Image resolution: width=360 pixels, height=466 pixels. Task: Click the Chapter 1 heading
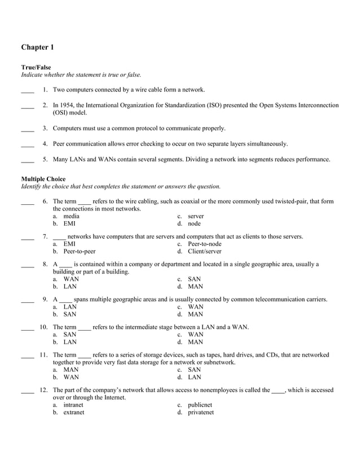[x=38, y=47]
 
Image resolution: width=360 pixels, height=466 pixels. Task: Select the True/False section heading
[x=36, y=67]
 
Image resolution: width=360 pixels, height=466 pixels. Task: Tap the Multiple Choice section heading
[x=43, y=179]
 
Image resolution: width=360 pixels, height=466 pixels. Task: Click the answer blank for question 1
[x=27, y=90]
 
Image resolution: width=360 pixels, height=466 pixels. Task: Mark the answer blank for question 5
[x=27, y=160]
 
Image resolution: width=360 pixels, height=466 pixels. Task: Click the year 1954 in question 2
[x=68, y=105]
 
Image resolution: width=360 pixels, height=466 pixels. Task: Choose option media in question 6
[x=71, y=216]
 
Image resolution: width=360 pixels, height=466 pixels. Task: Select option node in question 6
[x=194, y=223]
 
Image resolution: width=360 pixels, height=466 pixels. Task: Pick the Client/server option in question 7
[x=204, y=251]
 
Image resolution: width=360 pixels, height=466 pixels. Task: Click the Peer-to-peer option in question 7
[x=79, y=251]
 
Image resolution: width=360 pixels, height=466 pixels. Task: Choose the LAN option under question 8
[x=70, y=286]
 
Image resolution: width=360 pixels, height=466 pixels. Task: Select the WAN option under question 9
[x=195, y=306]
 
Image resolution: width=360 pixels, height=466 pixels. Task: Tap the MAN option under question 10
[x=195, y=341]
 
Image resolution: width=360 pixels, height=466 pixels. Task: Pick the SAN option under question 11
[x=195, y=370]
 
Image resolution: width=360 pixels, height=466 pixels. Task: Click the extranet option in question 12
[x=73, y=412]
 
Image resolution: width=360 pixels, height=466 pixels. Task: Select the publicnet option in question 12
[x=200, y=405]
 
